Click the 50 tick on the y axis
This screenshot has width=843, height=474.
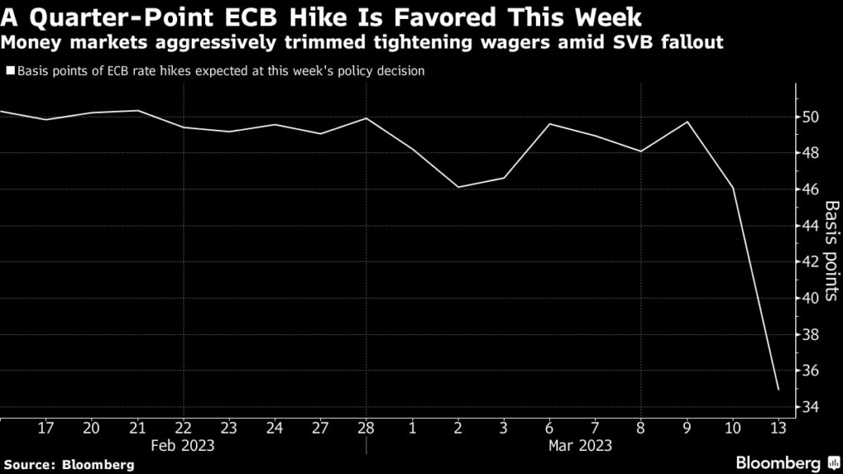click(x=811, y=117)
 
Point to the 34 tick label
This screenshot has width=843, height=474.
click(x=811, y=407)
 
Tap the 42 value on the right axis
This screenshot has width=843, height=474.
click(x=811, y=262)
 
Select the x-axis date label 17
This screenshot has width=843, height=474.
click(x=46, y=428)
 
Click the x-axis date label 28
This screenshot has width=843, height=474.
click(x=366, y=428)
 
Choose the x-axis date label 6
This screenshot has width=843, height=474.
click(x=549, y=428)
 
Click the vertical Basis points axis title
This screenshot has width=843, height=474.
click(x=831, y=252)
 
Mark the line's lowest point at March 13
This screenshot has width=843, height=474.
click(x=778, y=389)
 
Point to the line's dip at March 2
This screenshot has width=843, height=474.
click(x=458, y=187)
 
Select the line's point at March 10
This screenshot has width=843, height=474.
click(x=733, y=188)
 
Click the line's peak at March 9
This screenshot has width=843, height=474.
click(x=687, y=122)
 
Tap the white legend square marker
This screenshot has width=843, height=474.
click(x=10, y=72)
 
